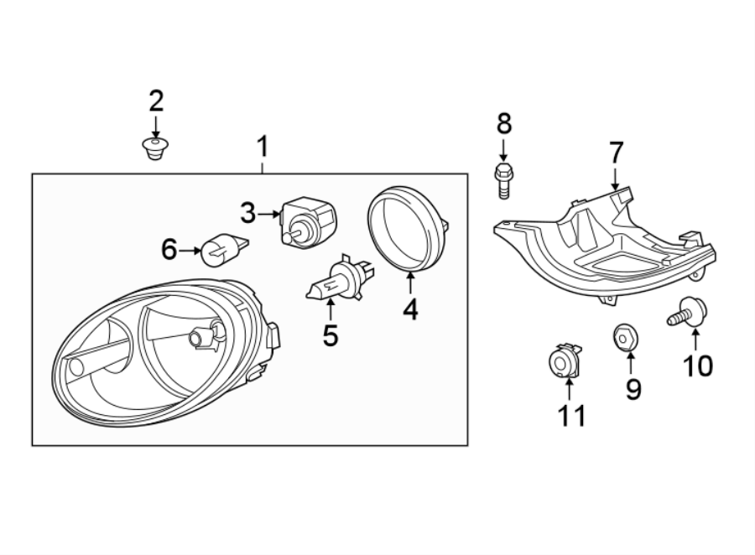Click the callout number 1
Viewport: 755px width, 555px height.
click(263, 148)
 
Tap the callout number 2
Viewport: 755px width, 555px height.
click(156, 101)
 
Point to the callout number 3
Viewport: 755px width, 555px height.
click(247, 214)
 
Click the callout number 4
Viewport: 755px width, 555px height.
click(409, 310)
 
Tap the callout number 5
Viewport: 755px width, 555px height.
click(331, 336)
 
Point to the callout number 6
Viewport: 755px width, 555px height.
click(169, 249)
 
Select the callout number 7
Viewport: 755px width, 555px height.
click(616, 153)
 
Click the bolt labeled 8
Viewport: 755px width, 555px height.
click(502, 179)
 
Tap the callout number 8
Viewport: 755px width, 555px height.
click(503, 124)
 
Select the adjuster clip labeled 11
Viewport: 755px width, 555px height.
click(565, 361)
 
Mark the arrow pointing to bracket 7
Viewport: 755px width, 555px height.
click(616, 177)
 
